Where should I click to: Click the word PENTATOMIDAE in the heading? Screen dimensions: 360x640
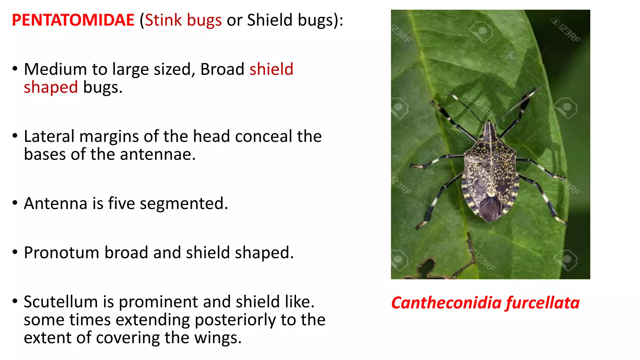(73, 20)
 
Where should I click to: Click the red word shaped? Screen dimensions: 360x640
(51, 87)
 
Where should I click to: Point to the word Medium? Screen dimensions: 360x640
(55, 69)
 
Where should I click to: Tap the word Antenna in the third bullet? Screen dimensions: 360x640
(55, 204)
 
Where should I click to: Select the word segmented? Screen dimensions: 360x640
(184, 204)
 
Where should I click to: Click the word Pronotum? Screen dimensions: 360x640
(61, 253)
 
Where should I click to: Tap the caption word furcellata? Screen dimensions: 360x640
(542, 303)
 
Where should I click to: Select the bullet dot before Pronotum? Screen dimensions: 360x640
(15, 252)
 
